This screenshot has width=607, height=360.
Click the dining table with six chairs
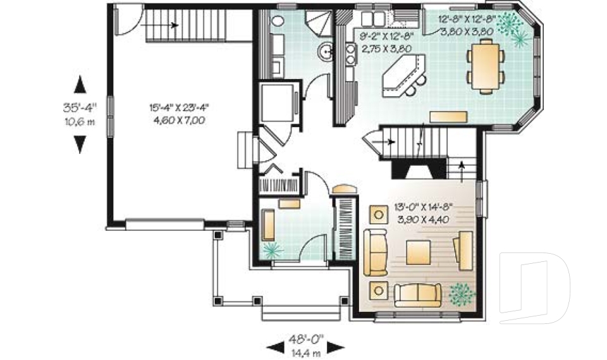point(486,64)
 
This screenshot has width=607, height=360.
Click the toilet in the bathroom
point(277,20)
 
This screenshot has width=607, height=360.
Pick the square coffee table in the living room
point(417,252)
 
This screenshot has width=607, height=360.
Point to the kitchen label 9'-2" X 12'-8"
point(386,42)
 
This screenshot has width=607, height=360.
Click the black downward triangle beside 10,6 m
point(79,145)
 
